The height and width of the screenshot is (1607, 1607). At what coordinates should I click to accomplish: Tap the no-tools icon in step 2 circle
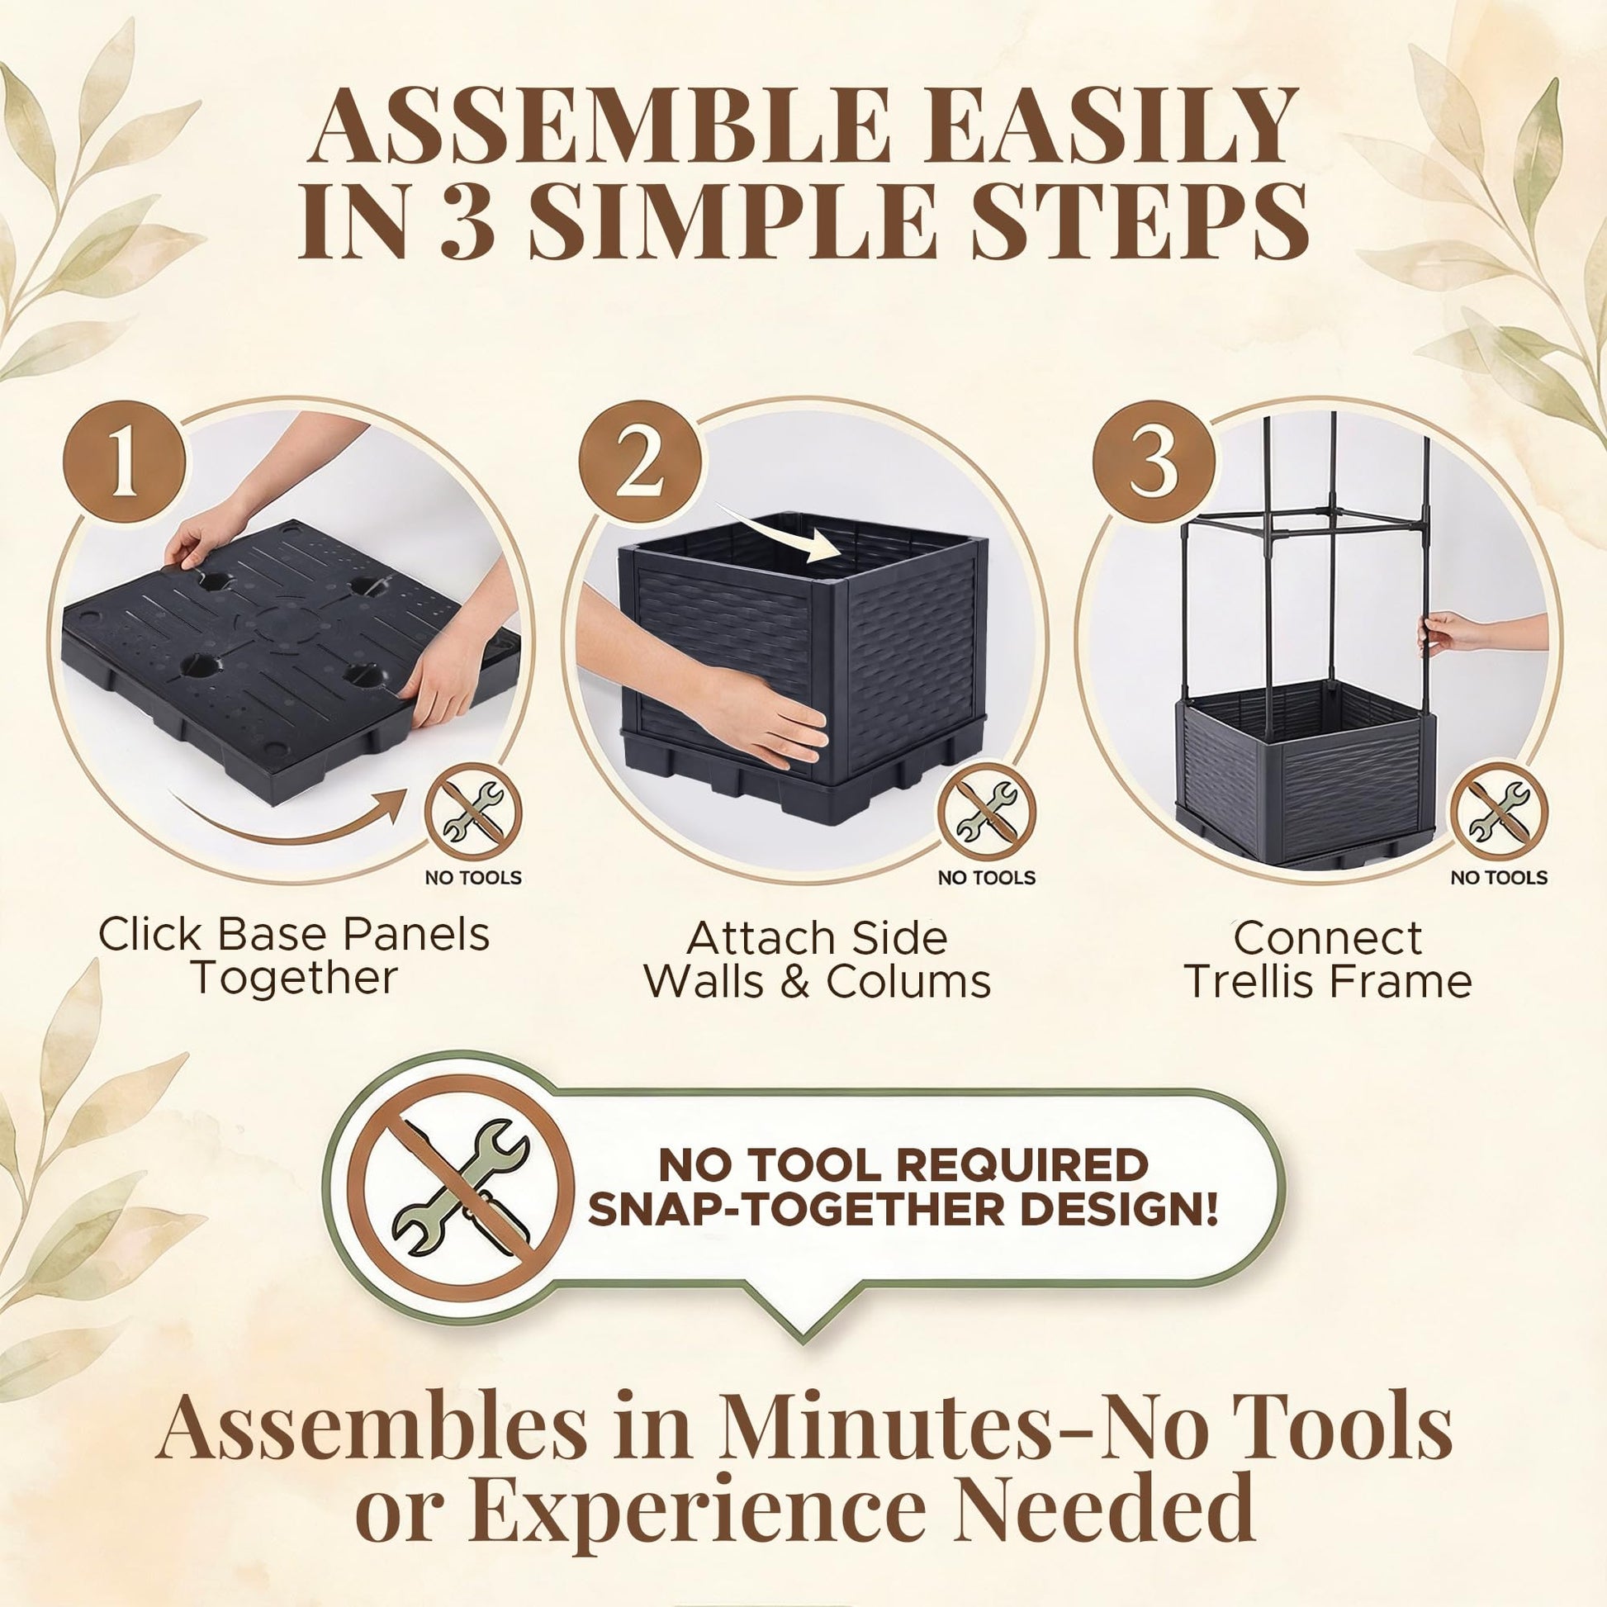pyautogui.click(x=988, y=811)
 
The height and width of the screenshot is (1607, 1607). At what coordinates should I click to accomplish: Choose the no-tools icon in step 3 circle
pyautogui.click(x=1500, y=811)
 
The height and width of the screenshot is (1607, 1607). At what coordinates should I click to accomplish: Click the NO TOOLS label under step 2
pyautogui.click(x=988, y=878)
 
